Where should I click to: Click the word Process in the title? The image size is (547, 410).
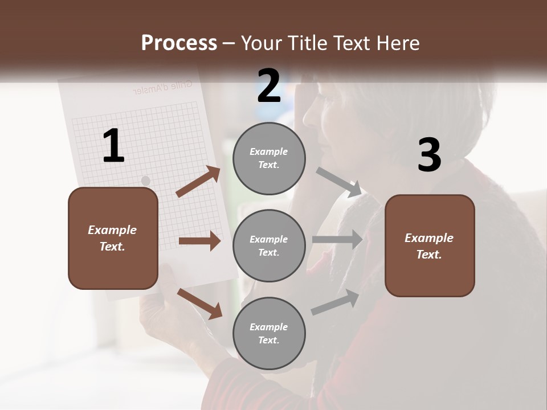pyautogui.click(x=179, y=43)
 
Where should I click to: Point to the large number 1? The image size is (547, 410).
pyautogui.click(x=113, y=146)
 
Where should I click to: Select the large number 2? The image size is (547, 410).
pyautogui.click(x=269, y=86)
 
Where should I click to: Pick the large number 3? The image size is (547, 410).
pyautogui.click(x=429, y=155)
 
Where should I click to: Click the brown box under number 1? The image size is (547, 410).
pyautogui.click(x=113, y=238)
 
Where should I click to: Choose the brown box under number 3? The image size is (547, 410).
pyautogui.click(x=430, y=245)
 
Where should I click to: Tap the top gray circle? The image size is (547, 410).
pyautogui.click(x=269, y=158)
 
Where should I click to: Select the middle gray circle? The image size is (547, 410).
pyautogui.click(x=269, y=245)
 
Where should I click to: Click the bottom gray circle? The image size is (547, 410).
pyautogui.click(x=269, y=333)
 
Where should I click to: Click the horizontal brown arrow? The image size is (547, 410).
pyautogui.click(x=199, y=241)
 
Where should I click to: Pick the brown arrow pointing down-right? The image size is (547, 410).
pyautogui.click(x=199, y=303)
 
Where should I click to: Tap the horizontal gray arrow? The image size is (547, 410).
pyautogui.click(x=337, y=239)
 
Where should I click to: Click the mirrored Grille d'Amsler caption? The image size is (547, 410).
pyautogui.click(x=162, y=87)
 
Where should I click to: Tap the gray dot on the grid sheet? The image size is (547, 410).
pyautogui.click(x=145, y=181)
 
